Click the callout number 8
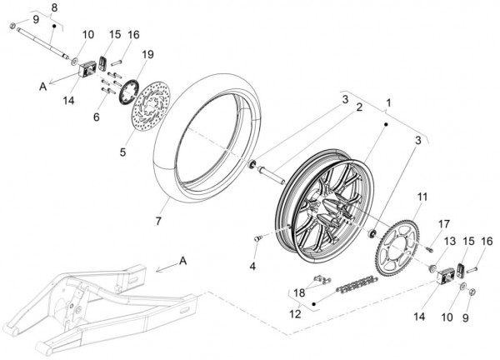point(54,7)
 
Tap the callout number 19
point(147,54)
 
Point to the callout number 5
point(123,152)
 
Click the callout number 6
point(96,117)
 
